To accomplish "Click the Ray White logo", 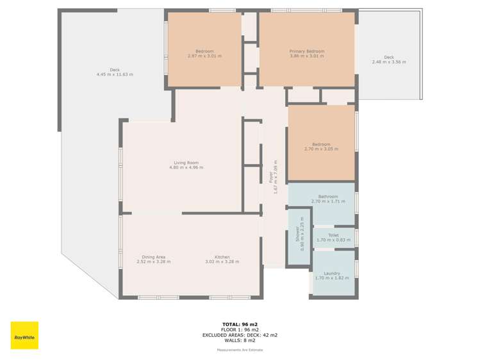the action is tap(24, 335).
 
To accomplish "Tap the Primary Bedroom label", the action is tap(307, 51).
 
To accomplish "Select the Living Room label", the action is tap(186, 163).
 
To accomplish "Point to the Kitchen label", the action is tap(222, 258).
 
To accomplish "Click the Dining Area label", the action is tap(154, 258).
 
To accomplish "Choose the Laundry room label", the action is tap(332, 274).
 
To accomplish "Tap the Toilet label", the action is tap(333, 236).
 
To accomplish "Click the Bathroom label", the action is tap(328, 197).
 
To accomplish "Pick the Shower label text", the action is tap(297, 234).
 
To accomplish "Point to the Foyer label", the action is tap(271, 177).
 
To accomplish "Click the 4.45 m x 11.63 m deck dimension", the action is tap(115, 74).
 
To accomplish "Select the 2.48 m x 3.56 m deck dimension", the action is tap(389, 61).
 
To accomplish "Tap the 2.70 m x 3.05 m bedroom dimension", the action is tap(322, 149).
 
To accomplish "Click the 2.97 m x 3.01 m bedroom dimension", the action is tap(204, 56).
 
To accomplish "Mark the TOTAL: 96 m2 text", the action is tap(240, 325).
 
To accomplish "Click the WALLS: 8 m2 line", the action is tap(240, 340).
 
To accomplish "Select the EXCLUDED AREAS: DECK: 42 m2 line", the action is tap(240, 335).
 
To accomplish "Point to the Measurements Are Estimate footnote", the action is tap(240, 350).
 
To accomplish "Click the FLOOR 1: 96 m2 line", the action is tap(240, 330).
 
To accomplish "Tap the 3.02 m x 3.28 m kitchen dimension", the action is tap(222, 262).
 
